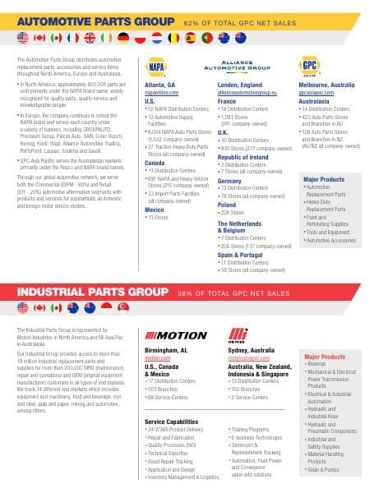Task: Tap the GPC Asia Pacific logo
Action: [x=311, y=67]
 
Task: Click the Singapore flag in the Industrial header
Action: [x=124, y=307]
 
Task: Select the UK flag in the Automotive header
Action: [x=72, y=38]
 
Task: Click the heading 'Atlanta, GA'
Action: [x=160, y=85]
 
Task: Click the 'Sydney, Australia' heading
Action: [x=251, y=348]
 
